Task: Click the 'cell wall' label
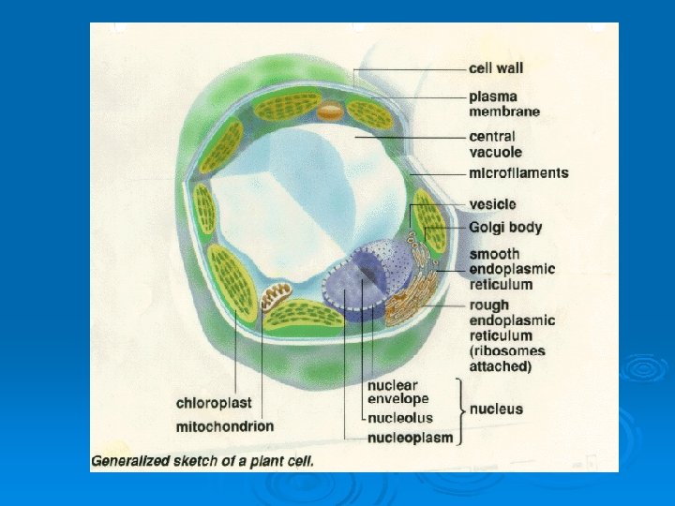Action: pyautogui.click(x=496, y=67)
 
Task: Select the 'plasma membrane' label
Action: pyautogui.click(x=504, y=103)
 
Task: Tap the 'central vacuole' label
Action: pyautogui.click(x=496, y=144)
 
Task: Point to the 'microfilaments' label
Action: pyautogui.click(x=518, y=173)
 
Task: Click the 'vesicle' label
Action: pyautogui.click(x=492, y=204)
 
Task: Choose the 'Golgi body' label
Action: pyautogui.click(x=505, y=227)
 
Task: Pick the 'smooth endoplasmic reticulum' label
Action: pyautogui.click(x=511, y=269)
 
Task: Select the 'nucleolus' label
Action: pyautogui.click(x=400, y=418)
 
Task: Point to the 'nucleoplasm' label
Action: pyautogui.click(x=410, y=438)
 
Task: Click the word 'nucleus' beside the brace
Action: pyautogui.click(x=496, y=409)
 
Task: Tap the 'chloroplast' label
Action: pyautogui.click(x=214, y=403)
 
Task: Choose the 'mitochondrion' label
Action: pyautogui.click(x=225, y=426)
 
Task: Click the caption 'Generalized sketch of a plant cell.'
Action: pyautogui.click(x=202, y=461)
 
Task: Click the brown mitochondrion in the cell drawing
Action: pyautogui.click(x=276, y=298)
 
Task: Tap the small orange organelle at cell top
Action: pyautogui.click(x=330, y=112)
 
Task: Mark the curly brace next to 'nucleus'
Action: pyautogui.click(x=458, y=409)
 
